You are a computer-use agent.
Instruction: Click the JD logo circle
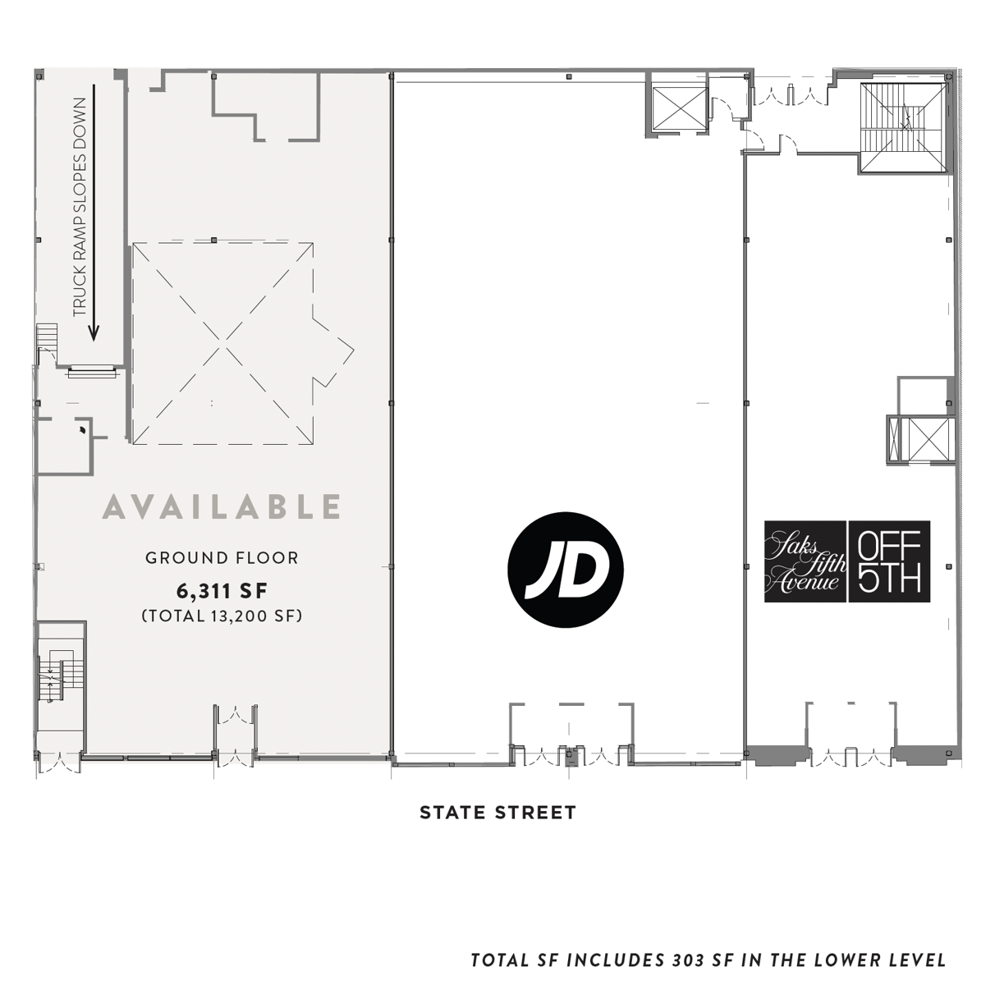point(566,569)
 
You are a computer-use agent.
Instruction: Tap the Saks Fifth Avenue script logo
point(805,561)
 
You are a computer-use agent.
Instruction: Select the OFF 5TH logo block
point(890,561)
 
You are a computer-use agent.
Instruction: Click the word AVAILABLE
point(222,506)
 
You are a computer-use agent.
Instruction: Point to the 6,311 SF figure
point(222,591)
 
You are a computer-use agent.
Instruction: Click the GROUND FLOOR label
point(222,558)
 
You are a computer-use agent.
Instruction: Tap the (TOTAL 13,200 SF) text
point(222,616)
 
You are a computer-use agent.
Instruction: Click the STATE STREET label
point(497,813)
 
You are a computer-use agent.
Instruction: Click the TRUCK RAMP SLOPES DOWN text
point(80,207)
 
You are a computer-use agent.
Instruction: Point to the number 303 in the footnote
point(689,960)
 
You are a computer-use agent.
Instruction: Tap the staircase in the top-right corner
point(904,127)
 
